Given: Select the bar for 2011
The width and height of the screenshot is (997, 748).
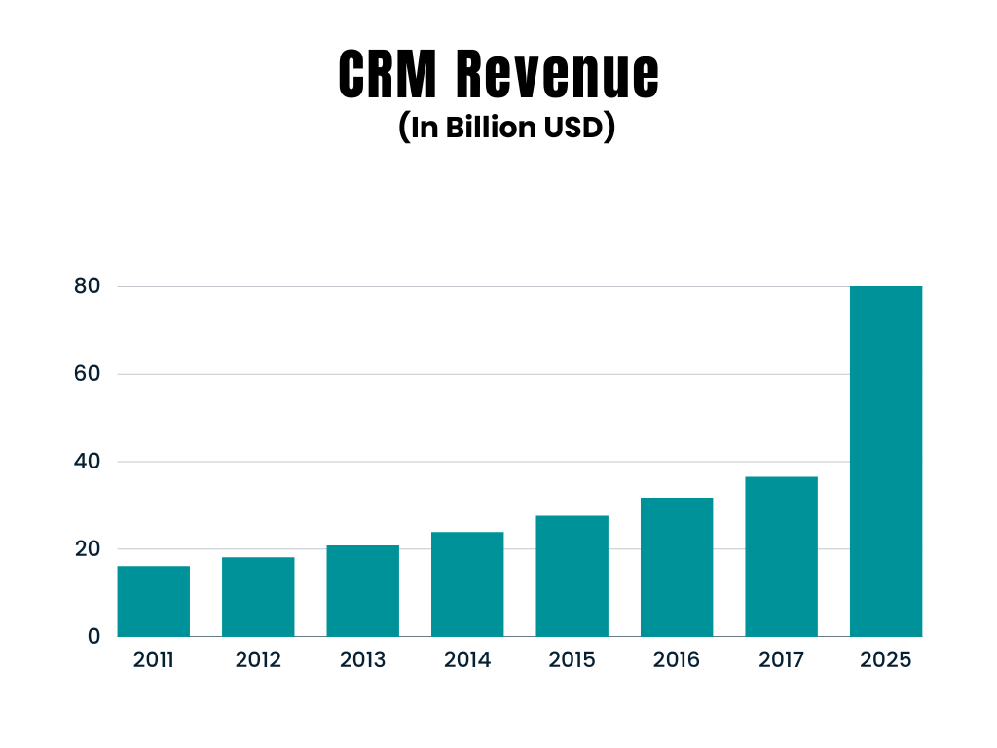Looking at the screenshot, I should pyautogui.click(x=154, y=601).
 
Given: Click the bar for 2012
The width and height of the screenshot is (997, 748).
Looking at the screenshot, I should pyautogui.click(x=258, y=597).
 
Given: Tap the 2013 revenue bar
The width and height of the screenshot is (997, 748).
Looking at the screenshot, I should pyautogui.click(x=362, y=591).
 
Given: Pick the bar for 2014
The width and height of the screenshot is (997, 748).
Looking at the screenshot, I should pyautogui.click(x=467, y=584).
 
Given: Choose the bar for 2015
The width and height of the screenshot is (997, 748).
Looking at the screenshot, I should pyautogui.click(x=572, y=576).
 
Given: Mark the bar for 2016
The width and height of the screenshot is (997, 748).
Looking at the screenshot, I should pyautogui.click(x=677, y=567).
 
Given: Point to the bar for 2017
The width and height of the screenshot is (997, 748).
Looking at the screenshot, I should pyautogui.click(x=781, y=556).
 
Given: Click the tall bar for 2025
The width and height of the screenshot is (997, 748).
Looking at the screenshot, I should pyautogui.click(x=886, y=462).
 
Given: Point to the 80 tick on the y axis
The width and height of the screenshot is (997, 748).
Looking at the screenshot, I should pyautogui.click(x=88, y=287).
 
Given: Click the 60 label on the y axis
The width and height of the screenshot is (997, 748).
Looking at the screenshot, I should pyautogui.click(x=88, y=374).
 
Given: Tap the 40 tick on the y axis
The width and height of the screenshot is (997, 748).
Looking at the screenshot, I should pyautogui.click(x=88, y=462).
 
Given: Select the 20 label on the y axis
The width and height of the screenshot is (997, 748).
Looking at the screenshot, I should pyautogui.click(x=88, y=549).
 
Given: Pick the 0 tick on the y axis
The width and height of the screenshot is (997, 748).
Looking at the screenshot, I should pyautogui.click(x=93, y=636).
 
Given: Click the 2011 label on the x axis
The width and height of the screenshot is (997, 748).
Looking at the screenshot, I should pyautogui.click(x=154, y=660).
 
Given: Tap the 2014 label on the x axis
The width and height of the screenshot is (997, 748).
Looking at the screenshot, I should pyautogui.click(x=467, y=660).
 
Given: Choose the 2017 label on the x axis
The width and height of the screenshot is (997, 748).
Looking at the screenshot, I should pyautogui.click(x=781, y=660).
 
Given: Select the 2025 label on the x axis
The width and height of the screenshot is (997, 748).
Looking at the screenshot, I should pyautogui.click(x=886, y=660).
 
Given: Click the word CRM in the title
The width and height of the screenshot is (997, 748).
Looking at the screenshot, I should pyautogui.click(x=388, y=74).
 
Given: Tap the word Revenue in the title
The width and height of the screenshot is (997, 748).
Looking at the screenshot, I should pyautogui.click(x=556, y=74).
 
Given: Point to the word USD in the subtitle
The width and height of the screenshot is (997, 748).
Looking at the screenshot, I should pyautogui.click(x=573, y=129).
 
